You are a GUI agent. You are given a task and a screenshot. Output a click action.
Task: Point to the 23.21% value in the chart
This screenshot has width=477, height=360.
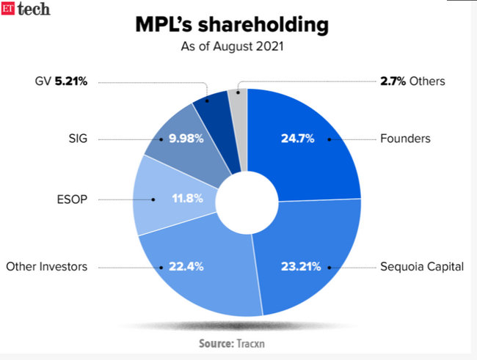(302, 267)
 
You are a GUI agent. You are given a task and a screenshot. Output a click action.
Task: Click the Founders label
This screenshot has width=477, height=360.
(405, 137)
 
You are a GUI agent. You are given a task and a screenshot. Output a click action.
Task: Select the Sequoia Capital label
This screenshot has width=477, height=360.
(421, 267)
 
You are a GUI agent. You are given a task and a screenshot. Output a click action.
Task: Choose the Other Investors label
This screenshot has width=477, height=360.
(46, 267)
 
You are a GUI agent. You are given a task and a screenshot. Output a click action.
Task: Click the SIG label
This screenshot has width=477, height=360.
(77, 137)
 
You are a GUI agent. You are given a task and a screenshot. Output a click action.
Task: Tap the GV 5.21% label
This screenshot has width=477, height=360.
(61, 81)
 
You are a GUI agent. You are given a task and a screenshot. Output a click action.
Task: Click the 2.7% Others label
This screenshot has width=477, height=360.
(412, 81)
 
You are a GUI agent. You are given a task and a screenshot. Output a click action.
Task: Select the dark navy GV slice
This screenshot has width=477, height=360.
(214, 121)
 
